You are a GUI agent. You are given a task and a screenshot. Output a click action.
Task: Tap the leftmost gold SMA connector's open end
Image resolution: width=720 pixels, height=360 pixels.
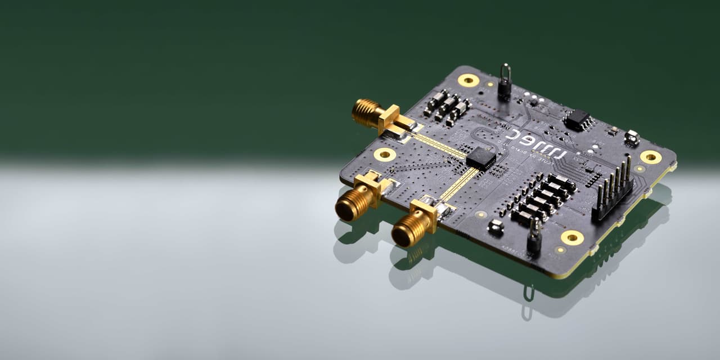pos(345,210)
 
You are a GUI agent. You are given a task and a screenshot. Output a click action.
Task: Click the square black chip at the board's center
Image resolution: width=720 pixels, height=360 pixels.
pos(481,159)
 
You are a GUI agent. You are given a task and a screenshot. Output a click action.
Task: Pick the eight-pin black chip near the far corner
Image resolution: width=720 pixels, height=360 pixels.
pos(578,120)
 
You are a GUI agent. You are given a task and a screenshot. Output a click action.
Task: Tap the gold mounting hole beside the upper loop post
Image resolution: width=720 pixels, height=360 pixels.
pos(469,80)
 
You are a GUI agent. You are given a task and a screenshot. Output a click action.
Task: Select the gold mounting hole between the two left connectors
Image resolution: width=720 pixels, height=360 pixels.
pos(385,154)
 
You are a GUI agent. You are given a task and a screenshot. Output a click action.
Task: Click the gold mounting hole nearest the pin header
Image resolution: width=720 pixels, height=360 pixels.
pos(651,156)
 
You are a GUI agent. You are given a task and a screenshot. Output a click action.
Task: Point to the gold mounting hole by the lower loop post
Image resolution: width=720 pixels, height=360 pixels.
pos(572,237)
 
